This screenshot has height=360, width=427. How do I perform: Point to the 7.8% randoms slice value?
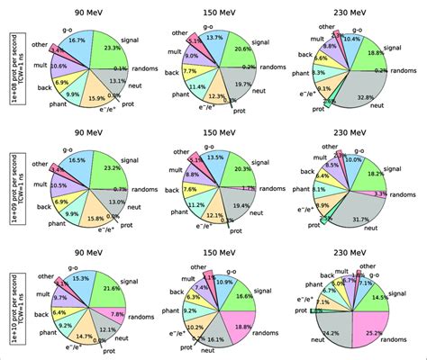tap(117, 314)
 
